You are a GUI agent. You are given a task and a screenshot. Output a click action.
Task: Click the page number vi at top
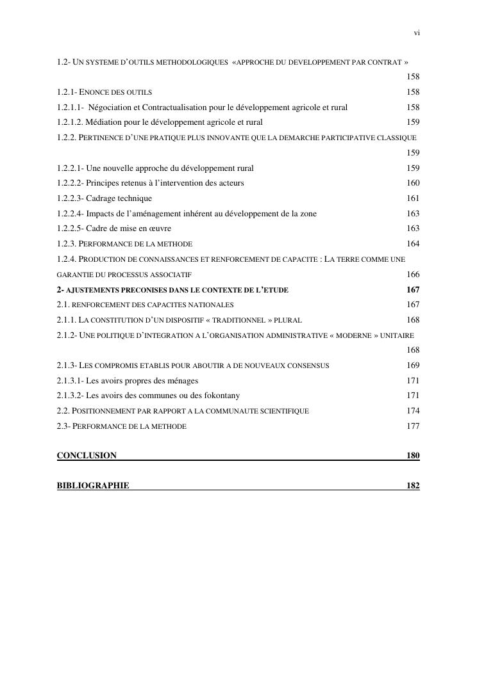coord(417,33)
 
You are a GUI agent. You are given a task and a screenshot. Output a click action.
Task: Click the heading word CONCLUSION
coord(87,456)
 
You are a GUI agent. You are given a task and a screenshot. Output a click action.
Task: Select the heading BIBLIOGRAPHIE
coord(93,486)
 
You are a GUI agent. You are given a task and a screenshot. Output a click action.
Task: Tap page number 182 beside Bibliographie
coord(413,486)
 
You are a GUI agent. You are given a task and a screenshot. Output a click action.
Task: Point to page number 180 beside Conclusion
coord(413,456)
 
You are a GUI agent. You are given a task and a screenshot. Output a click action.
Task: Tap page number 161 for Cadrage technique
coord(413,198)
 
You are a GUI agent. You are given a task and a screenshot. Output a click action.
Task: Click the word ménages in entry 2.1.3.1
coord(181,381)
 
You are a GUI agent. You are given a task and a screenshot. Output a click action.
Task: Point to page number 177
coord(413,426)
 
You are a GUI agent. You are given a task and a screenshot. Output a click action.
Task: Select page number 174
coord(413,411)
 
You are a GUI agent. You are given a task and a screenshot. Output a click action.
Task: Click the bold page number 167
coord(413,290)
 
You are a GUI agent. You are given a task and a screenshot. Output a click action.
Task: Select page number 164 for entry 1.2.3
coord(413,244)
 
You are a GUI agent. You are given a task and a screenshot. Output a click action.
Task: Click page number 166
coord(413,275)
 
